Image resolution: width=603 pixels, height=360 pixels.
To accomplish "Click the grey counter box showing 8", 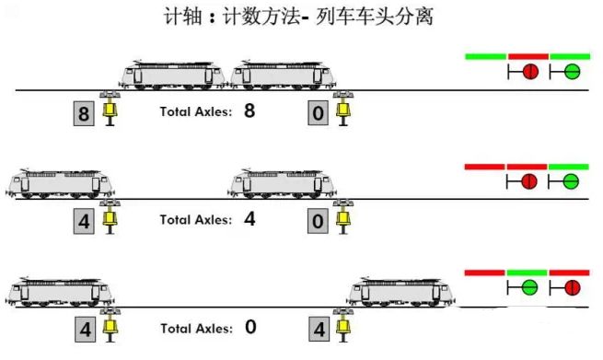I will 84,114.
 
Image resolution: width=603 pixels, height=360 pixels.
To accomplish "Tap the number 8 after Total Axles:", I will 249,111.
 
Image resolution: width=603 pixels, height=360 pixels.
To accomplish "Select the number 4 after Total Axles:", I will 249,219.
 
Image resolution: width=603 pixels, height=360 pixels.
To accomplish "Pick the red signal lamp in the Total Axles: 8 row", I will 529,72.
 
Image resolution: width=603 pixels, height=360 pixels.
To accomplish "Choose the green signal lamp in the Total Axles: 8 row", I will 571,72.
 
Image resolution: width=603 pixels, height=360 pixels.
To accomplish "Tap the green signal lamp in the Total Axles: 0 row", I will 529,287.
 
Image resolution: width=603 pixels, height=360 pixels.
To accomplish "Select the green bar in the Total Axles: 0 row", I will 528,273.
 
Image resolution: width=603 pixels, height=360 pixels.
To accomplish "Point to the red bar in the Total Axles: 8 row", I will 528,56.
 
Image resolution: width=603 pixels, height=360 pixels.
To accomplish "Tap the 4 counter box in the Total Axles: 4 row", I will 84,222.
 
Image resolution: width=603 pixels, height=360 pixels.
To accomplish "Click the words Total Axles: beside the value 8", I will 196,112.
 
